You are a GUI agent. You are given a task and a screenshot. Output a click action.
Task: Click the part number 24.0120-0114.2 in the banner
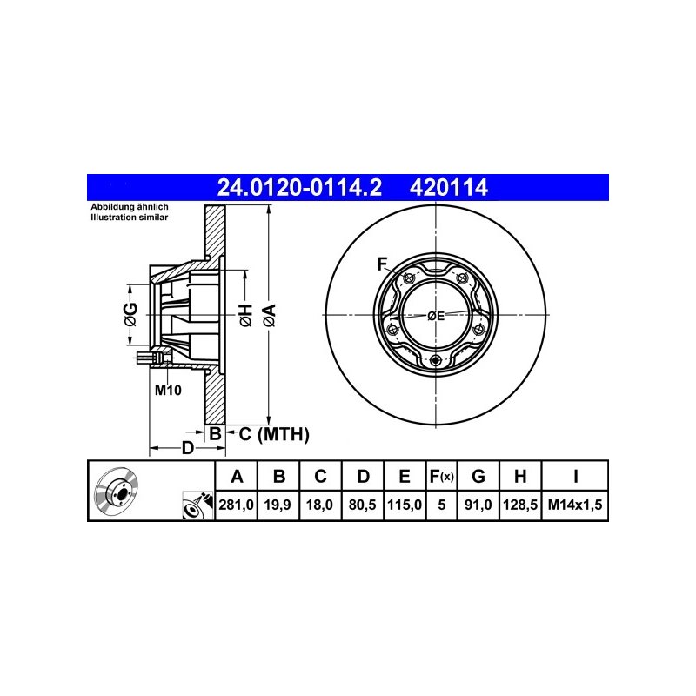coord(299,187)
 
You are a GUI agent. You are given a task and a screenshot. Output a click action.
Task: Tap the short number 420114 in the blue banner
coord(449,187)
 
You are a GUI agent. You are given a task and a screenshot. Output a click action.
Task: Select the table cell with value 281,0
coord(236,505)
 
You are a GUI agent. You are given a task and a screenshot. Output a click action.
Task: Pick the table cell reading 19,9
coord(278,505)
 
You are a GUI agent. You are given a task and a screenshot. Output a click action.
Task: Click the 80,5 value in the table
coord(363,505)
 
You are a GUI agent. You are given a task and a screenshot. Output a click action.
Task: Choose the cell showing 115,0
coord(405,505)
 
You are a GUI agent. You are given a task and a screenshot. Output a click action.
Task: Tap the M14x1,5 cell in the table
coord(575,505)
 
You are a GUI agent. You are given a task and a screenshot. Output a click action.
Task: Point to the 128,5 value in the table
coord(520,505)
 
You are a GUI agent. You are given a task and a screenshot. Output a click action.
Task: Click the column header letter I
coord(575,476)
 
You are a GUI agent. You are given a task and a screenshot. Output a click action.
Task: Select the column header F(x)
coord(441,477)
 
